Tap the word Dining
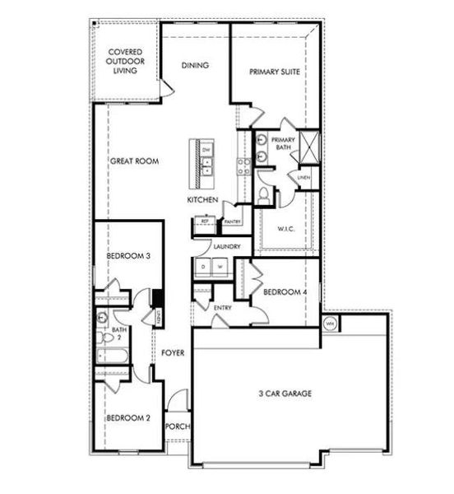[x=194, y=66]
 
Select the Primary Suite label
[x=274, y=72]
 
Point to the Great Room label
[x=134, y=161]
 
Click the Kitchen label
[x=202, y=201]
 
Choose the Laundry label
[x=226, y=247]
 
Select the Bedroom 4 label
[x=284, y=291]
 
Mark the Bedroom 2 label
[x=127, y=417]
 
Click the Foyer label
[x=172, y=353]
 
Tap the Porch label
[x=177, y=426]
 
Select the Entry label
[x=222, y=309]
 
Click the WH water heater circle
[x=330, y=323]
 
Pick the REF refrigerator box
[x=204, y=221]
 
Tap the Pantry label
[x=231, y=221]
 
